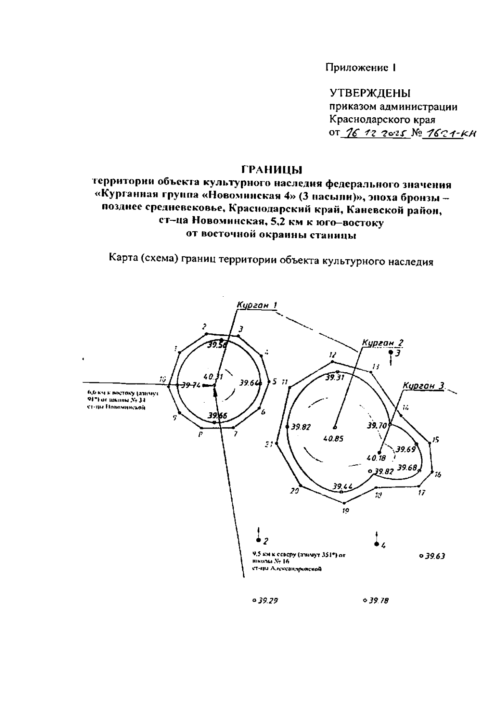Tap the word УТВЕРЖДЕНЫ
coord(370,93)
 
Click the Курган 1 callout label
coord(257,305)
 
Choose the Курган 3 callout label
coord(423,386)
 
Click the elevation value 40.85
coord(334,439)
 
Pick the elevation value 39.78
coord(378,601)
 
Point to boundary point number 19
coord(345,510)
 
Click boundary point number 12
coord(332,355)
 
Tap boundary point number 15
coord(435,439)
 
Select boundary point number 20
coord(295,491)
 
